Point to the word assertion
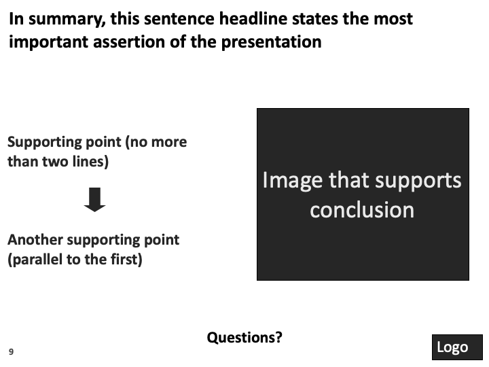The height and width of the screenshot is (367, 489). click(129, 42)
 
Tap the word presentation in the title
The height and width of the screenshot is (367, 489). click(271, 43)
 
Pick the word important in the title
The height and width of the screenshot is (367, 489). click(48, 42)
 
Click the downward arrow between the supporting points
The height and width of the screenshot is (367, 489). click(95, 200)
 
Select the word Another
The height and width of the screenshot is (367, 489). click(35, 240)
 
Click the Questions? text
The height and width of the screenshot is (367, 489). click(244, 338)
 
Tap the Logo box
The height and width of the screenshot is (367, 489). click(457, 347)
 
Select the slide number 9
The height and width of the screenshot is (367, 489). click(12, 352)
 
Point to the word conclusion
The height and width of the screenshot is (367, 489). click(362, 210)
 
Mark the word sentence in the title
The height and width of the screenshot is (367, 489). click(179, 19)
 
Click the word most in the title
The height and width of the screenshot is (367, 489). click(393, 19)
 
